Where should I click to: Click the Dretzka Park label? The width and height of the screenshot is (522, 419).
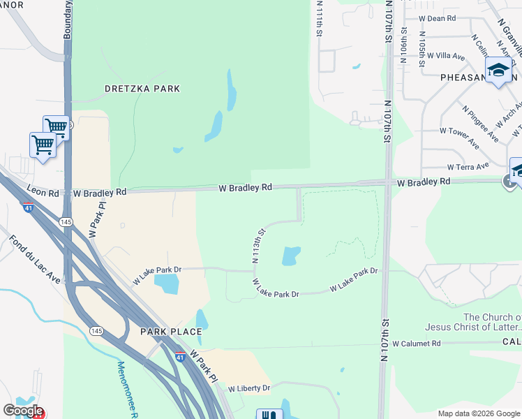[x=142, y=89]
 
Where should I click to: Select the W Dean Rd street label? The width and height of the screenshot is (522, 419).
[x=437, y=19]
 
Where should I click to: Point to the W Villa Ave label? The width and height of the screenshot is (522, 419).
[x=446, y=55]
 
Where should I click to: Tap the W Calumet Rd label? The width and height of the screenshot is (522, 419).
[x=417, y=344]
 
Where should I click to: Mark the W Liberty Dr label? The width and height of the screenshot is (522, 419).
[x=247, y=388]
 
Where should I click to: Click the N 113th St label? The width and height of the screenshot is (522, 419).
[x=259, y=244]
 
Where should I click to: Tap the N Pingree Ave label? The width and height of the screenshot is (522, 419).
[x=480, y=122]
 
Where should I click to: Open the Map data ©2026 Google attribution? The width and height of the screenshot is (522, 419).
[x=478, y=413]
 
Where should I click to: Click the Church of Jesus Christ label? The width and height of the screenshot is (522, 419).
[x=491, y=322]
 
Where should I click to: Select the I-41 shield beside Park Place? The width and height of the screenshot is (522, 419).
[x=179, y=356]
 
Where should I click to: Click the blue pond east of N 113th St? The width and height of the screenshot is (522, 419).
[x=291, y=256]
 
